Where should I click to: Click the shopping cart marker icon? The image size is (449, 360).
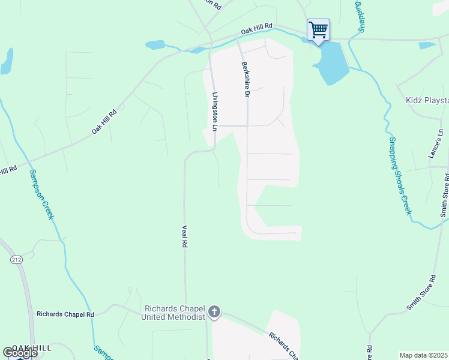pyautogui.click(x=318, y=29)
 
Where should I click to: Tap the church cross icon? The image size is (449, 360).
pyautogui.click(x=214, y=312)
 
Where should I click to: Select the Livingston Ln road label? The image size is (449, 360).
pyautogui.click(x=214, y=111)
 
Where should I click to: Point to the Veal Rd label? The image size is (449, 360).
pyautogui.click(x=185, y=237)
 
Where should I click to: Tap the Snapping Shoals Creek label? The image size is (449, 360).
pyautogui.click(x=399, y=174)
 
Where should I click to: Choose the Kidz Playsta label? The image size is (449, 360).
pyautogui.click(x=427, y=100)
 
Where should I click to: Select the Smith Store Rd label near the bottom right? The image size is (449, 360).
pyautogui.click(x=421, y=293)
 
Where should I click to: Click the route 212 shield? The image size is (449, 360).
pyautogui.click(x=16, y=259)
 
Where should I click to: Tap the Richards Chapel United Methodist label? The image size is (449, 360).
pyautogui.click(x=173, y=312)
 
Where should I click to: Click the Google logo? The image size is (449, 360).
pyautogui.click(x=20, y=353)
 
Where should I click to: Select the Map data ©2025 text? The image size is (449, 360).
pyautogui.click(x=423, y=355)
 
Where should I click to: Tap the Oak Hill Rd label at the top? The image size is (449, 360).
pyautogui.click(x=256, y=30)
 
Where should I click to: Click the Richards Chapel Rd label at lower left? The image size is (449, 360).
pyautogui.click(x=65, y=314)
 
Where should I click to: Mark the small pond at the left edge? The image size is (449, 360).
pyautogui.click(x=7, y=61)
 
